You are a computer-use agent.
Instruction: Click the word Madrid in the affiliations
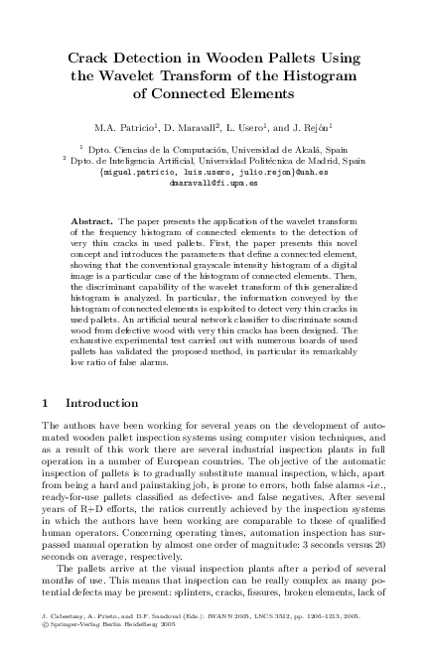(310, 159)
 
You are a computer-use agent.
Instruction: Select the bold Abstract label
(90, 218)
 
